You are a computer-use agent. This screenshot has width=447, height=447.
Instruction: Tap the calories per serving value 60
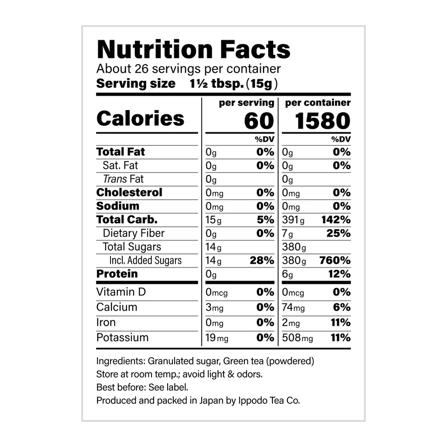coord(259,121)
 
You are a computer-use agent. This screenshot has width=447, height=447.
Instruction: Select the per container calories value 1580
coord(323,121)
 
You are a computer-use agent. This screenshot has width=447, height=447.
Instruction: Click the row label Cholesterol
coord(129,193)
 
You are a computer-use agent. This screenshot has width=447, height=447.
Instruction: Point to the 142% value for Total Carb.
coord(337,220)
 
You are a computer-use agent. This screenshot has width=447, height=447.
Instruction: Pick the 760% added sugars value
coord(335,261)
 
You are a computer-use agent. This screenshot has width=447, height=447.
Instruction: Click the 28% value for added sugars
coord(262,261)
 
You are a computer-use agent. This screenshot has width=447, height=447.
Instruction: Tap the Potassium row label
coord(122,337)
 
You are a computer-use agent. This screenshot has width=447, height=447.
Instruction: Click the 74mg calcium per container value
coord(293,307)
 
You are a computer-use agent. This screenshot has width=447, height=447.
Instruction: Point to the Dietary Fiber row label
coord(134,233)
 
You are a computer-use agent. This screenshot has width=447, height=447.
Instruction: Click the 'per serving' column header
coord(247,103)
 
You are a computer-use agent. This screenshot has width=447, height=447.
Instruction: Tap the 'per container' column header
coord(318,103)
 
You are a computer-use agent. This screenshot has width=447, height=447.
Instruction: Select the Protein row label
coord(117,274)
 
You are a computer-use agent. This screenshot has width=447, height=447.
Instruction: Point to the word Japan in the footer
coord(211,400)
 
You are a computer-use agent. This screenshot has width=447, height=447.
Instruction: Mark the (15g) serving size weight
coord(262,83)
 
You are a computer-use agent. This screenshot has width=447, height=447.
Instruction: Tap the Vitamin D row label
coord(121,292)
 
